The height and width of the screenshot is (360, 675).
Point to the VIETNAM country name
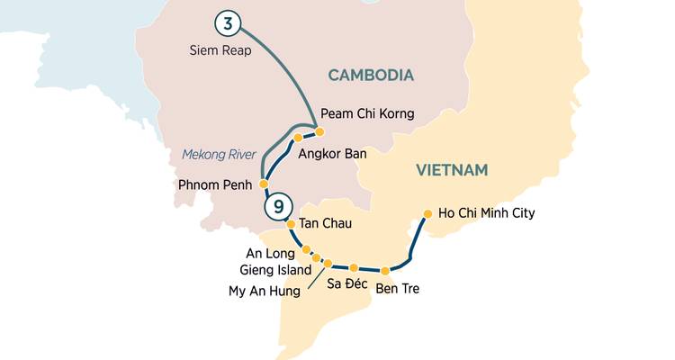coord(452,170)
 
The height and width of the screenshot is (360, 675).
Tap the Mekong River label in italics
coord(219,154)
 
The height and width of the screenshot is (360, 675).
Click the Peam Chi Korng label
coord(367,114)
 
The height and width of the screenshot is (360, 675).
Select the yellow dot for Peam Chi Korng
coord(319,131)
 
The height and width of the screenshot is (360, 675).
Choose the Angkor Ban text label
coord(331,154)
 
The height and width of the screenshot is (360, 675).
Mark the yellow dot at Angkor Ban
coord(297,139)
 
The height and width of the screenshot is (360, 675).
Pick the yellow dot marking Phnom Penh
coord(264,184)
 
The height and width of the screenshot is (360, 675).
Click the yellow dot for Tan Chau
coord(291,225)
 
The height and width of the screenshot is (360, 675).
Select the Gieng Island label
coord(275,269)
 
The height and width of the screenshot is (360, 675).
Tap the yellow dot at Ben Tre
coord(385,271)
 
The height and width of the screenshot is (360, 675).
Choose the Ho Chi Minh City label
coord(486,213)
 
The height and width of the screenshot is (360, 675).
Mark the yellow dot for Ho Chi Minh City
coord(427,214)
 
